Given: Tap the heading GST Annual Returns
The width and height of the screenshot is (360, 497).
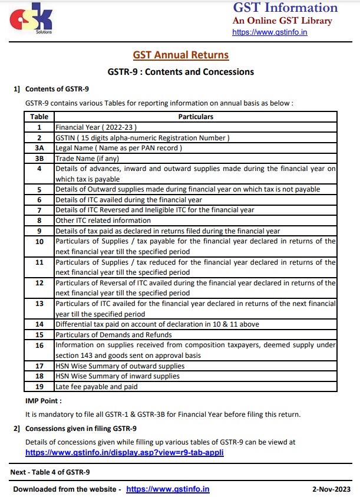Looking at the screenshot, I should pyautogui.click(x=180, y=55).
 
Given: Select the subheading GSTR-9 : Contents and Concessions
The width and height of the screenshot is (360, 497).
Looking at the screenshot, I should pyautogui.click(x=180, y=72).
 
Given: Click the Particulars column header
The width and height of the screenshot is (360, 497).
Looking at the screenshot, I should pyautogui.click(x=196, y=117).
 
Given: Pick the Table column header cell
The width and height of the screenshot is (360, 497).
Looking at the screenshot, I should pyautogui.click(x=39, y=117).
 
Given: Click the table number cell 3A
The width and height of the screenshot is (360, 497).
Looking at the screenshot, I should pyautogui.click(x=39, y=147).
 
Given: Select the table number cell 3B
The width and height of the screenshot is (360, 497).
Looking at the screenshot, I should pyautogui.click(x=39, y=158).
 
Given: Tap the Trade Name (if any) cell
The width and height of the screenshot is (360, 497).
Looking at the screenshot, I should pyautogui.click(x=89, y=158).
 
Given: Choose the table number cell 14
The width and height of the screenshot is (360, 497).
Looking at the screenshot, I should pyautogui.click(x=39, y=324).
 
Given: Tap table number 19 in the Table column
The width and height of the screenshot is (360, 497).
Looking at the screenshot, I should pyautogui.click(x=39, y=387).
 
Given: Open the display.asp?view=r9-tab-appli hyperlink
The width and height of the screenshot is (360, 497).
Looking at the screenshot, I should pyautogui.click(x=124, y=453).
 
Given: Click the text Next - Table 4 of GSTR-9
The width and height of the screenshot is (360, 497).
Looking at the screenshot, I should pyautogui.click(x=50, y=472).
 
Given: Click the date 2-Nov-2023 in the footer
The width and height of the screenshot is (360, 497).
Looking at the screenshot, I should pyautogui.click(x=331, y=489).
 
